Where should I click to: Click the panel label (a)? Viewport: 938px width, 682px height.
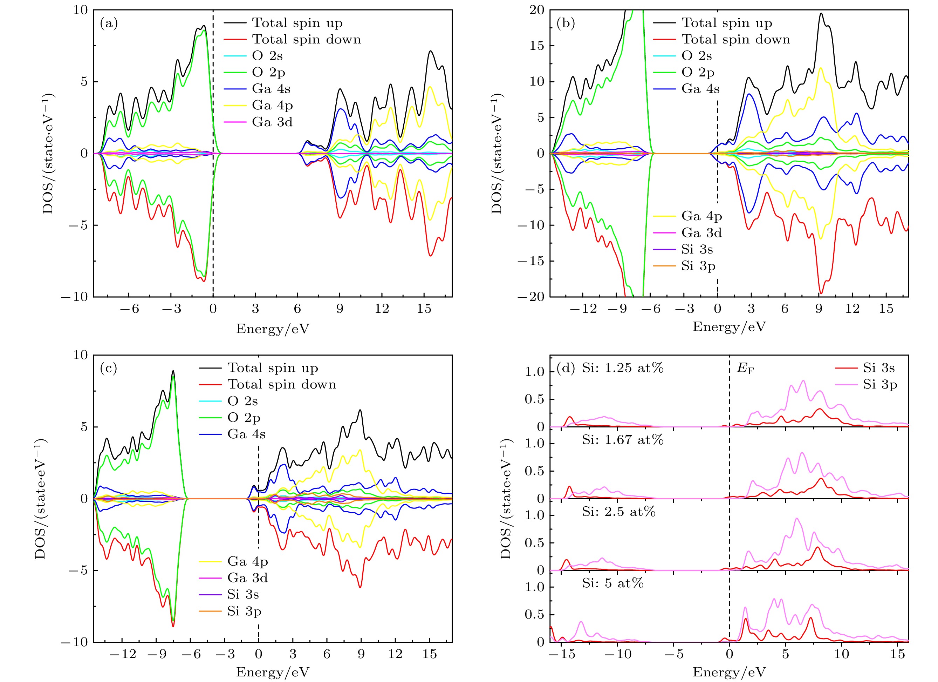(x=109, y=23)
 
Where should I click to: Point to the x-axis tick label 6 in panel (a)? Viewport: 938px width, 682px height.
(x=297, y=309)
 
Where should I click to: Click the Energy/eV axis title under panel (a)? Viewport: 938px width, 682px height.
(x=273, y=329)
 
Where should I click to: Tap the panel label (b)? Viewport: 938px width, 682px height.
(x=566, y=23)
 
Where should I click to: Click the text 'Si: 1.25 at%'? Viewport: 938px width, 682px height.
(x=622, y=368)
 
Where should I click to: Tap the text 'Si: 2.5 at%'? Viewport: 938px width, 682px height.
(x=619, y=512)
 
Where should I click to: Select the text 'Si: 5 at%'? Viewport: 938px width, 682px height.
(x=612, y=583)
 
